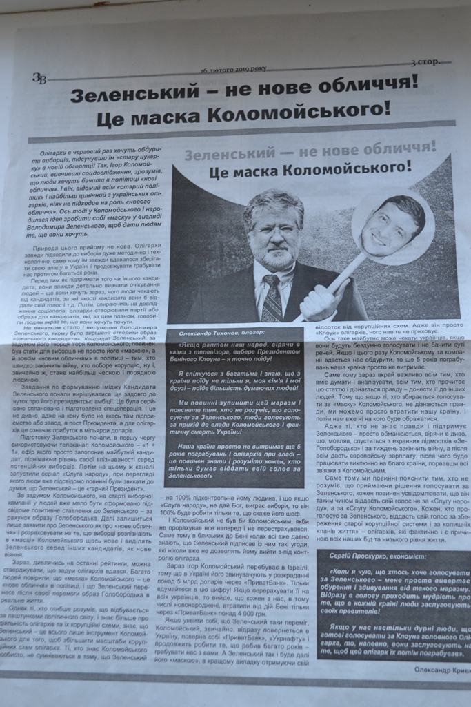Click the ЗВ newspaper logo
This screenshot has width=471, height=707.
39,78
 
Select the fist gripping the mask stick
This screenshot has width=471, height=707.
318,298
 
